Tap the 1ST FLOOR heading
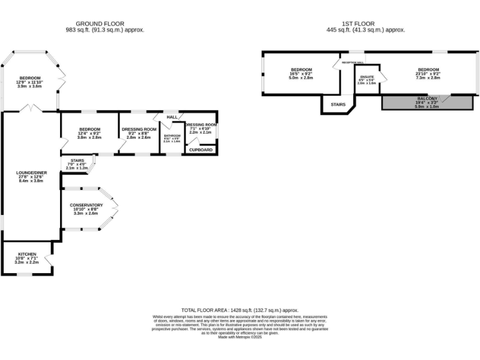click(x=366, y=24)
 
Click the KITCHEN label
click(x=27, y=254)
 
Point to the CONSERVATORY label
click(x=86, y=205)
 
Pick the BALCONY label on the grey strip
click(x=427, y=99)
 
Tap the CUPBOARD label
click(x=201, y=149)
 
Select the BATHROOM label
click(x=172, y=135)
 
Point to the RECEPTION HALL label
click(x=352, y=62)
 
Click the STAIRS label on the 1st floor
click(x=337, y=104)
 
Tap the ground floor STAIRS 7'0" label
click(x=77, y=161)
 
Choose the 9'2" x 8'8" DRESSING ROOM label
click(x=139, y=129)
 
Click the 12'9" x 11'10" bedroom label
click(x=28, y=78)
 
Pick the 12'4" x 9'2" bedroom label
click(x=89, y=129)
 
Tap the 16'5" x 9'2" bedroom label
click(x=301, y=69)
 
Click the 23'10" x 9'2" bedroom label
click(x=429, y=69)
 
